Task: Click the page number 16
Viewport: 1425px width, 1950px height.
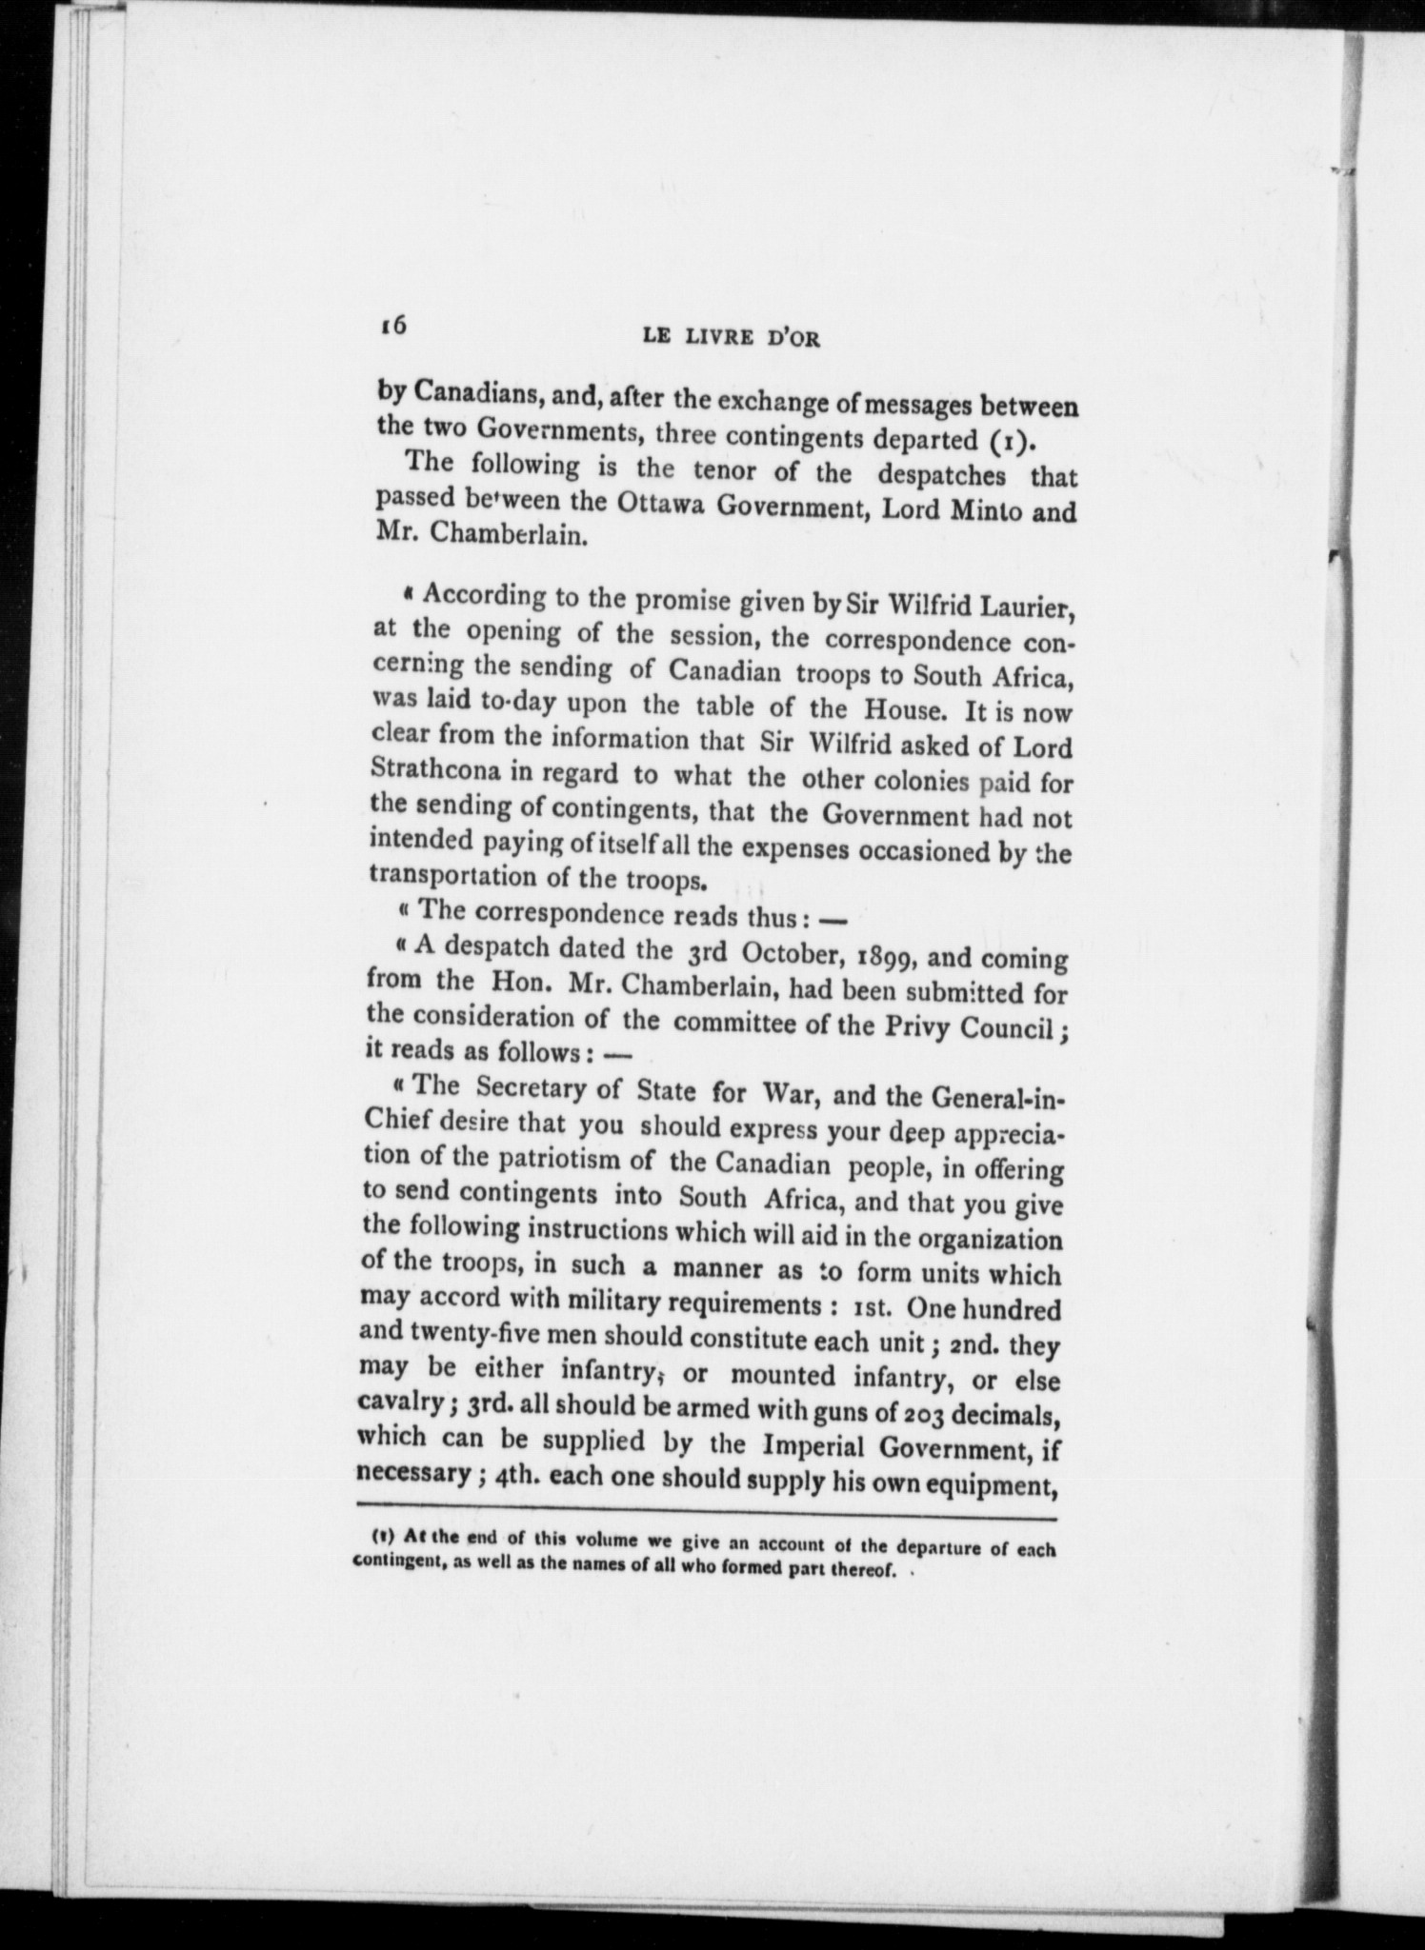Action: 392,325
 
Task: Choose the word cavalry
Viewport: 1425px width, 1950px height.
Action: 398,1403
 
